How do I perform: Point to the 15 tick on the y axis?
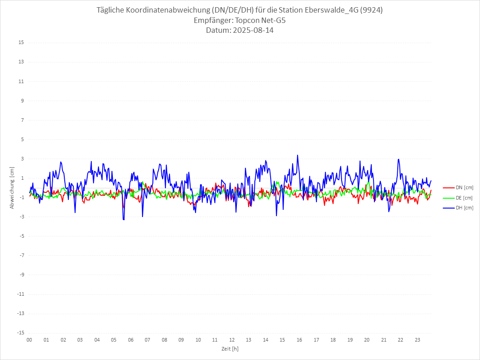21,43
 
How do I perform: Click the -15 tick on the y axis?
20,333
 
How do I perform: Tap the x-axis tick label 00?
29,340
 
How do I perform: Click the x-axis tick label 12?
232,340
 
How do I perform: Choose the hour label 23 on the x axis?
418,340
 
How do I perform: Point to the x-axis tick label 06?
130,340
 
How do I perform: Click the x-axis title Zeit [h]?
230,348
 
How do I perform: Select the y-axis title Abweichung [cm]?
12,187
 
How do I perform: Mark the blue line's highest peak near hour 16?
298,155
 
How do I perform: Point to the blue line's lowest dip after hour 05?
124,220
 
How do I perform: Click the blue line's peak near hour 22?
398,159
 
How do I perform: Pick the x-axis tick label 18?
333,340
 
